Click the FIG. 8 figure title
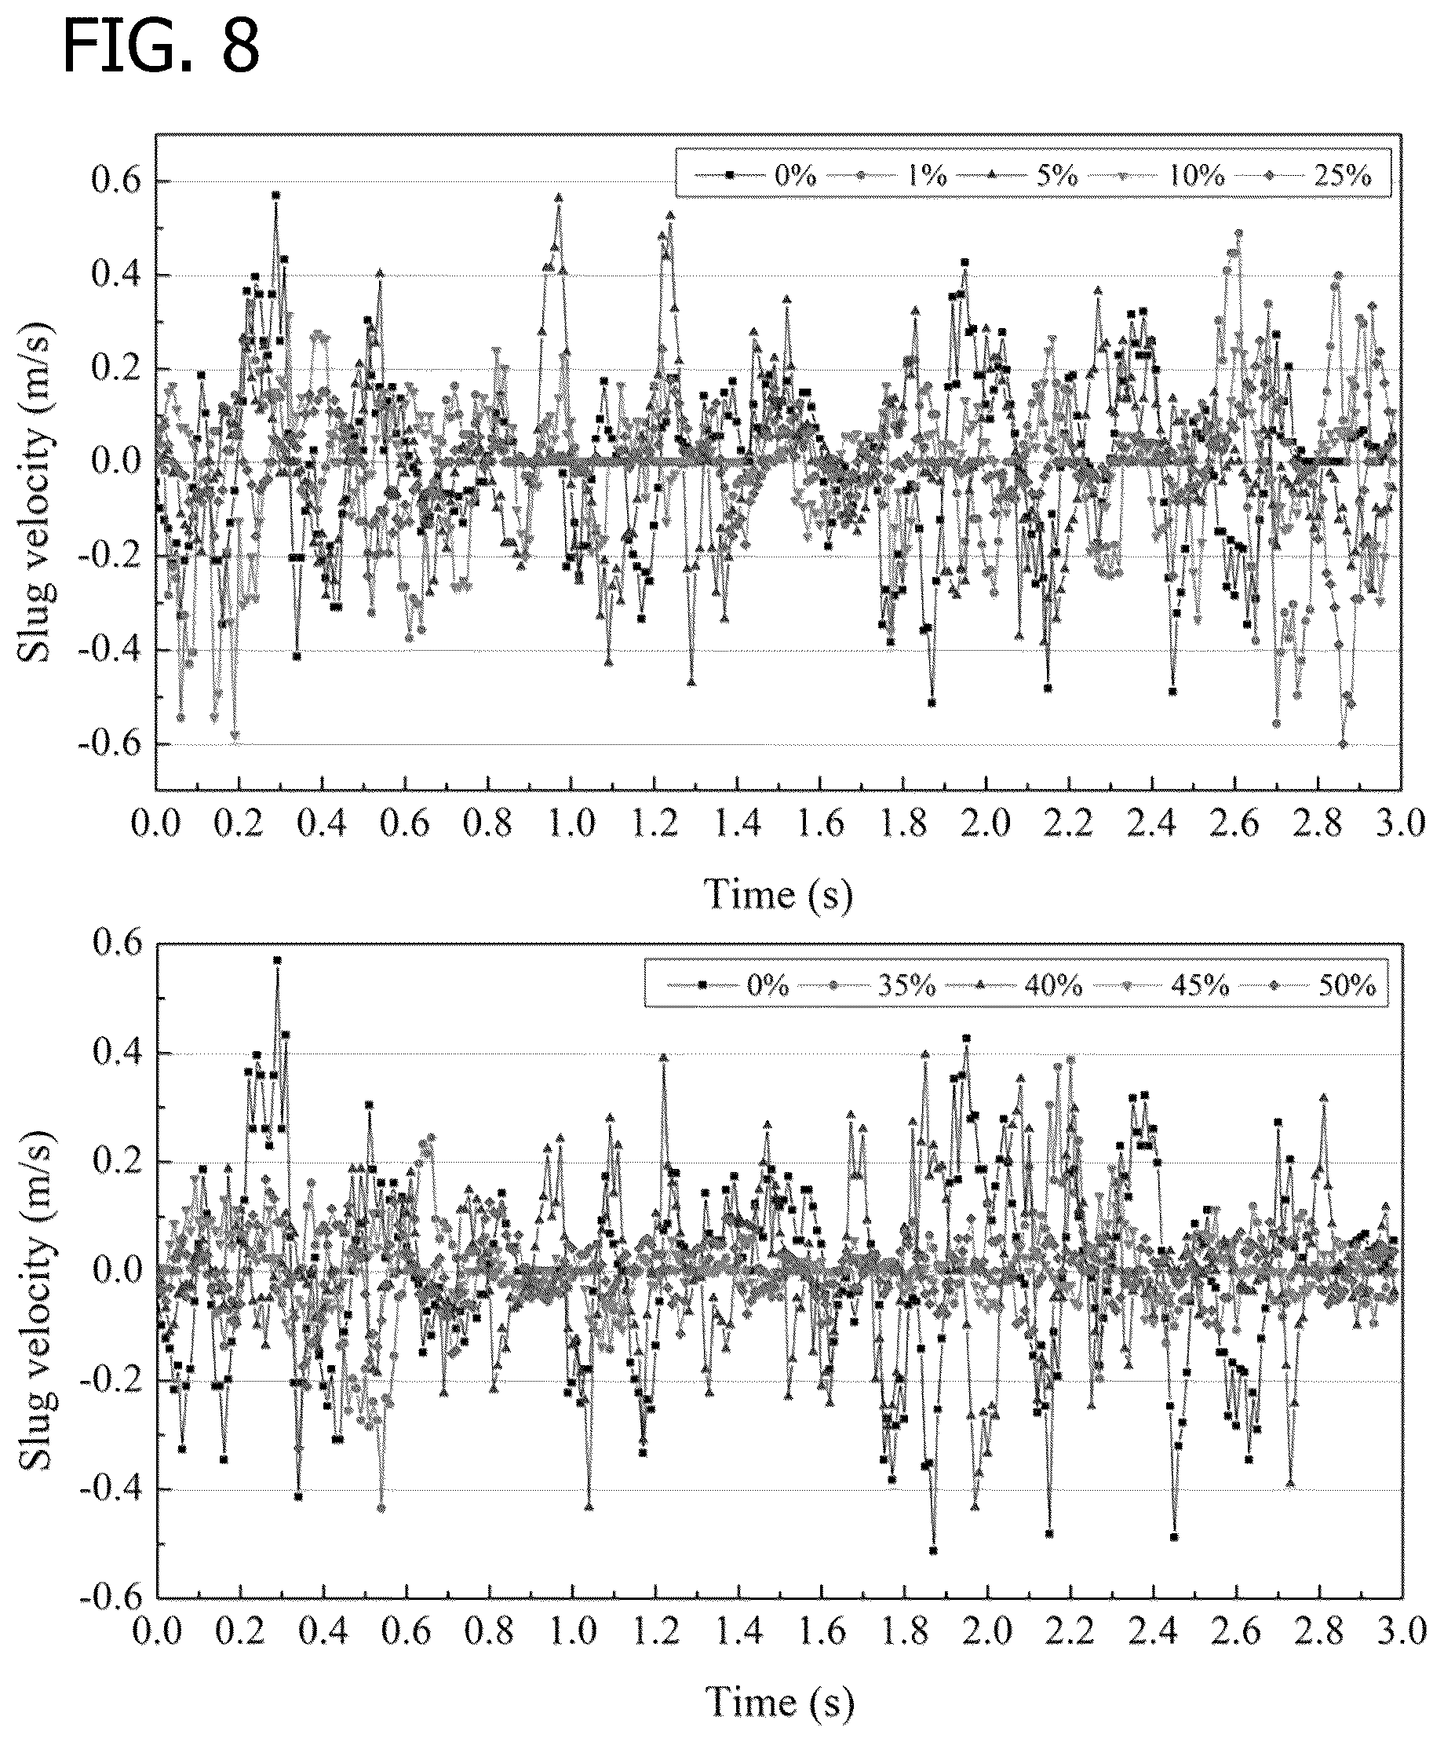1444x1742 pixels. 162,48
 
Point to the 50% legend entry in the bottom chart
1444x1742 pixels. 1314,984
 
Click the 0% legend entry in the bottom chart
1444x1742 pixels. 729,984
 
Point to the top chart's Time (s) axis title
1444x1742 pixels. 778,894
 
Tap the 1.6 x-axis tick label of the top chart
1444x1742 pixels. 821,824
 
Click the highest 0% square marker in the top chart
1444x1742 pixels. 275,195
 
